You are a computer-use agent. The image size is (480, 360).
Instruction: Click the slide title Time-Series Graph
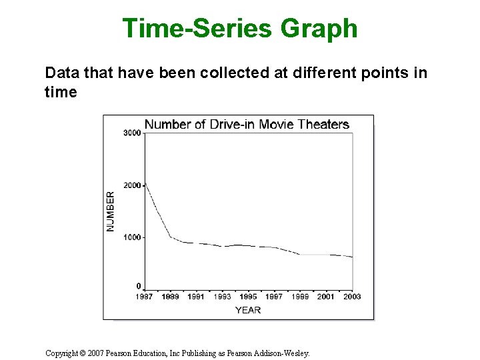[240, 29]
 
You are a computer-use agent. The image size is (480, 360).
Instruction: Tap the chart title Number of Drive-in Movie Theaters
[247, 124]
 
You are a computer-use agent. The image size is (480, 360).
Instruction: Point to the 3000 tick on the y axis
[132, 133]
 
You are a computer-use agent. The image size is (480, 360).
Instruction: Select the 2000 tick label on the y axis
[132, 185]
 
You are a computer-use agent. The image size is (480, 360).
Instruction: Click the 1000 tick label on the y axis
[132, 237]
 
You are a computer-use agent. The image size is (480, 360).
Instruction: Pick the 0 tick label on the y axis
[139, 286]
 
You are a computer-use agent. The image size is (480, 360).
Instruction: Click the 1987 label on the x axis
[145, 296]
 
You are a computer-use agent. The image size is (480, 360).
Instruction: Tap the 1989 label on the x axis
[171, 296]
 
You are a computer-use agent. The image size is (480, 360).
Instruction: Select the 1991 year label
[196, 296]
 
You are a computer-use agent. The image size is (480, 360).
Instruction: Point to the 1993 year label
[222, 296]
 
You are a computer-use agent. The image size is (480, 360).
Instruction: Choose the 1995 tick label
[248, 296]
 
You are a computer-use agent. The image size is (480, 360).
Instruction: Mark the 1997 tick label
[274, 296]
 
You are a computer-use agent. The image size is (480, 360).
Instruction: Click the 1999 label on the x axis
[300, 296]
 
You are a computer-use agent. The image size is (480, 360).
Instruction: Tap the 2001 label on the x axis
[326, 296]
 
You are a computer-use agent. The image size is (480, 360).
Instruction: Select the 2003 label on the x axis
[351, 296]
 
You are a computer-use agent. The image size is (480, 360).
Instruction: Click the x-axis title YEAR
[248, 309]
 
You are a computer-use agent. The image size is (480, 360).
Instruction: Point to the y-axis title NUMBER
[111, 211]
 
